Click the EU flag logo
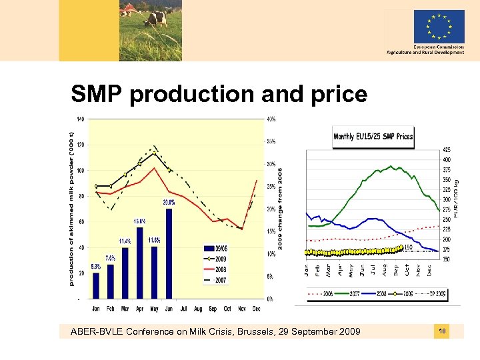tap(439, 26)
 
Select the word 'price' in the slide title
tap(333, 95)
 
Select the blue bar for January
tap(96, 285)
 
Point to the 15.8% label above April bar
tap(140, 221)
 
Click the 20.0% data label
tap(169, 202)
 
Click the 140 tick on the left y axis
tap(79, 119)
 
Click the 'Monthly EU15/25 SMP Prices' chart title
tap(373, 137)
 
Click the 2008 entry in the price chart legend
tap(384, 293)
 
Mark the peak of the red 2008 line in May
tap(155, 168)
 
